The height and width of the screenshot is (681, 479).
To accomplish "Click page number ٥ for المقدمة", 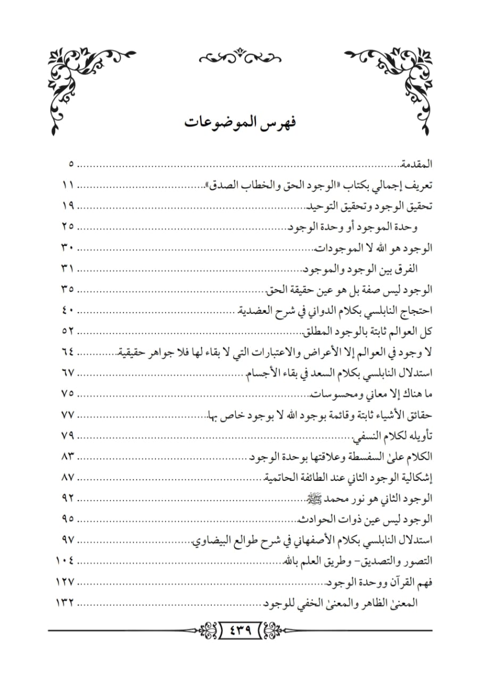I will [72, 164].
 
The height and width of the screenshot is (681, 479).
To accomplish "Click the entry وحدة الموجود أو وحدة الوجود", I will [352, 228].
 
